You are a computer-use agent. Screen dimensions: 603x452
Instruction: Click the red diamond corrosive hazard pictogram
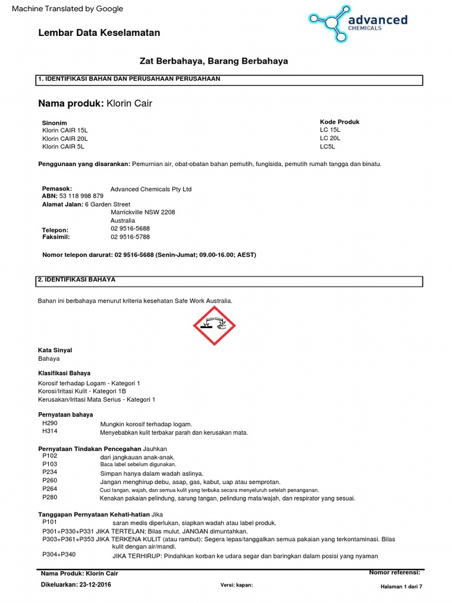pos(214,326)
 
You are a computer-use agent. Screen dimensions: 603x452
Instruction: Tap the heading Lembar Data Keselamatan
pos(99,33)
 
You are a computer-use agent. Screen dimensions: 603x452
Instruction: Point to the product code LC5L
pos(327,147)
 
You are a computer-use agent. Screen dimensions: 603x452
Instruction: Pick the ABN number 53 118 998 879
pos(82,196)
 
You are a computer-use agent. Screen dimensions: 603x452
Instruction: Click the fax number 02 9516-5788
pos(130,237)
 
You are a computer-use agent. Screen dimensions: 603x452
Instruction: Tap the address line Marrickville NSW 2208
pos(142,213)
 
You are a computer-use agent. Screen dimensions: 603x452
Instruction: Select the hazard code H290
pos(50,423)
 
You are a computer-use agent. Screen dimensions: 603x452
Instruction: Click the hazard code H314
pos(50,432)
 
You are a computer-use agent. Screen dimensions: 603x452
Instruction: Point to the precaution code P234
pos(50,472)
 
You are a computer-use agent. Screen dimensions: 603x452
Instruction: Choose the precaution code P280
pos(50,497)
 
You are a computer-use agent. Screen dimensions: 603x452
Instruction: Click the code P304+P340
pos(59,555)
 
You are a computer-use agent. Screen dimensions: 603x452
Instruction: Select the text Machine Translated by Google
pos(68,9)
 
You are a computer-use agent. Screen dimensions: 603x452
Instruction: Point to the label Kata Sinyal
pos(55,350)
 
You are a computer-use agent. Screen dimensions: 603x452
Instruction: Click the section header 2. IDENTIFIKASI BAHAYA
pos(77,280)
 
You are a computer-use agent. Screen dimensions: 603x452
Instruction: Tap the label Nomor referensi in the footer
pos(394,572)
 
